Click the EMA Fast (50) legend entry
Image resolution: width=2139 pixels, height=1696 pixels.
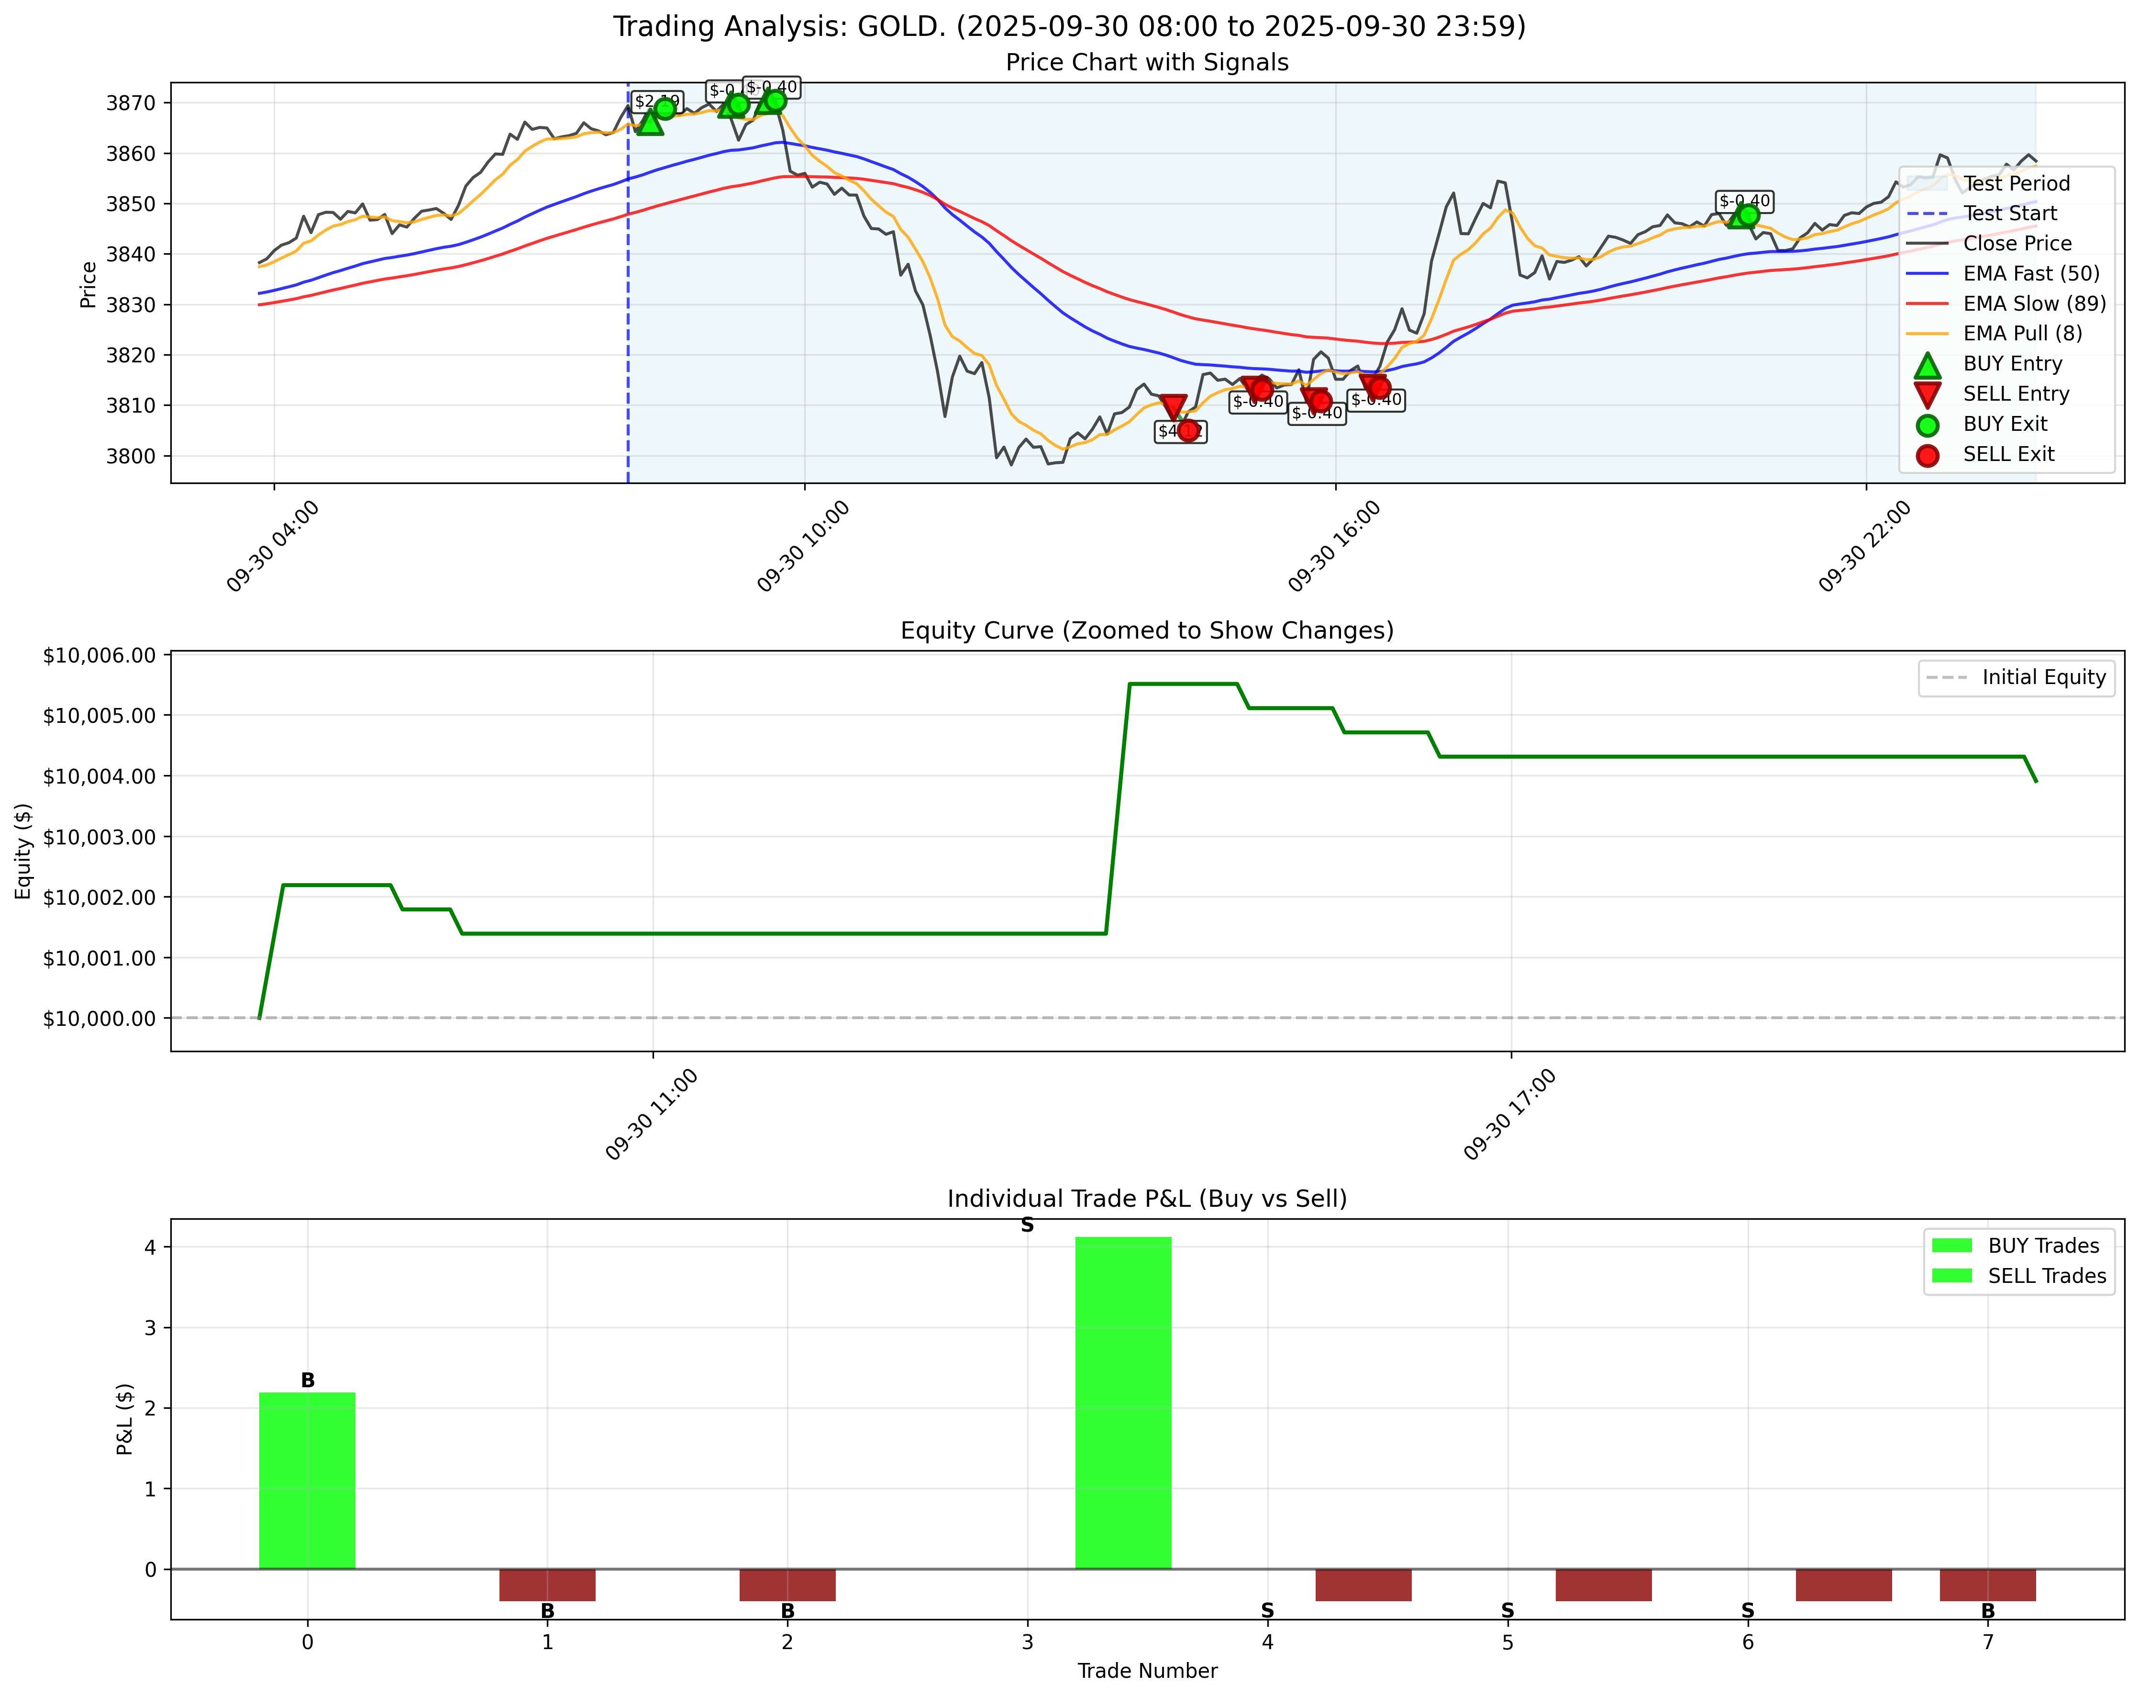[2030, 274]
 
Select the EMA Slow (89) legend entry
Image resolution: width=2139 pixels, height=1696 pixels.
[2034, 303]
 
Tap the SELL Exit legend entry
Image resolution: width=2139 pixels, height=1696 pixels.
[2008, 454]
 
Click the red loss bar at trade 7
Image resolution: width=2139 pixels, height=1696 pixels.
[1987, 1585]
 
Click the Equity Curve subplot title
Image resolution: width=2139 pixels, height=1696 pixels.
[1147, 631]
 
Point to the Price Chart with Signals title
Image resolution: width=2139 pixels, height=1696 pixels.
[1147, 63]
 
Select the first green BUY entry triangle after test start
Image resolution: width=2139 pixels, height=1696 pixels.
[650, 122]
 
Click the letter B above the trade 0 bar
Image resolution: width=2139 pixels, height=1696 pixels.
[308, 1381]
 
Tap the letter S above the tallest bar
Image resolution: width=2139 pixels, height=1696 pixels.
[1027, 1225]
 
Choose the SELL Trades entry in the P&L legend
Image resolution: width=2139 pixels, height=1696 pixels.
[2046, 1276]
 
